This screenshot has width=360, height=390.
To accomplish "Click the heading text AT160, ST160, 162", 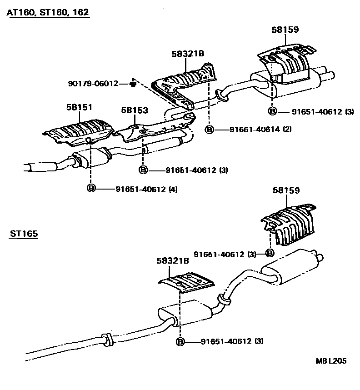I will click(x=47, y=12).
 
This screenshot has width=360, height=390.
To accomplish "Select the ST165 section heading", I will click(x=24, y=234).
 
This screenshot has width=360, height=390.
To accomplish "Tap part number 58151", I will click(x=79, y=107).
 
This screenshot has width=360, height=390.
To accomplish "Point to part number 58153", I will click(x=135, y=110).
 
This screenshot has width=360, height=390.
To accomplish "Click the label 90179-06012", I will click(x=93, y=84).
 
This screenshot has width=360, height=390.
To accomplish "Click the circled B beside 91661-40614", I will click(x=210, y=130).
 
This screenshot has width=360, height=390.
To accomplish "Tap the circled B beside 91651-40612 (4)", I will click(x=91, y=189).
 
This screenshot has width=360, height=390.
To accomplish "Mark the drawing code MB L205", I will click(x=331, y=361).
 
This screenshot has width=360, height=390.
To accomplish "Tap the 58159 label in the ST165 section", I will click(x=286, y=191).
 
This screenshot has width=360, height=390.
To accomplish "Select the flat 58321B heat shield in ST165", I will click(x=186, y=282).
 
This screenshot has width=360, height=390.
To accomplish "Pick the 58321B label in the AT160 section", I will click(x=188, y=54).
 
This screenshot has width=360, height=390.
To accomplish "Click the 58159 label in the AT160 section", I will click(x=285, y=30).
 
